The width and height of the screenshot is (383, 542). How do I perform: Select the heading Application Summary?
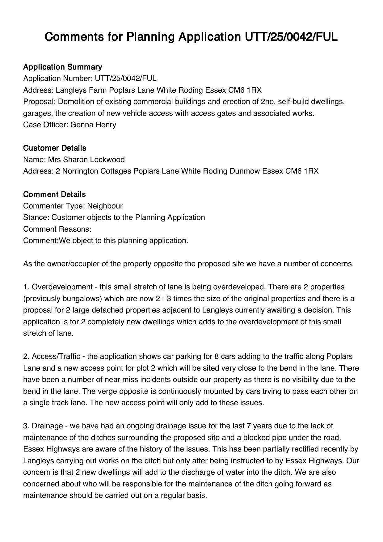coord(62,67)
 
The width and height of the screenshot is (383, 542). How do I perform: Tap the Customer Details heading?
coord(54,148)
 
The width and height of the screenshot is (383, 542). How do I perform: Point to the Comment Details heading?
coord(54,195)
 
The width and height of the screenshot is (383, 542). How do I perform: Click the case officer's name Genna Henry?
coord(93,125)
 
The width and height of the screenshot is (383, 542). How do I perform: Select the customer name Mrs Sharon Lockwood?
coord(86,160)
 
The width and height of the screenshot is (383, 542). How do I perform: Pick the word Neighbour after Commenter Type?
coord(105,206)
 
